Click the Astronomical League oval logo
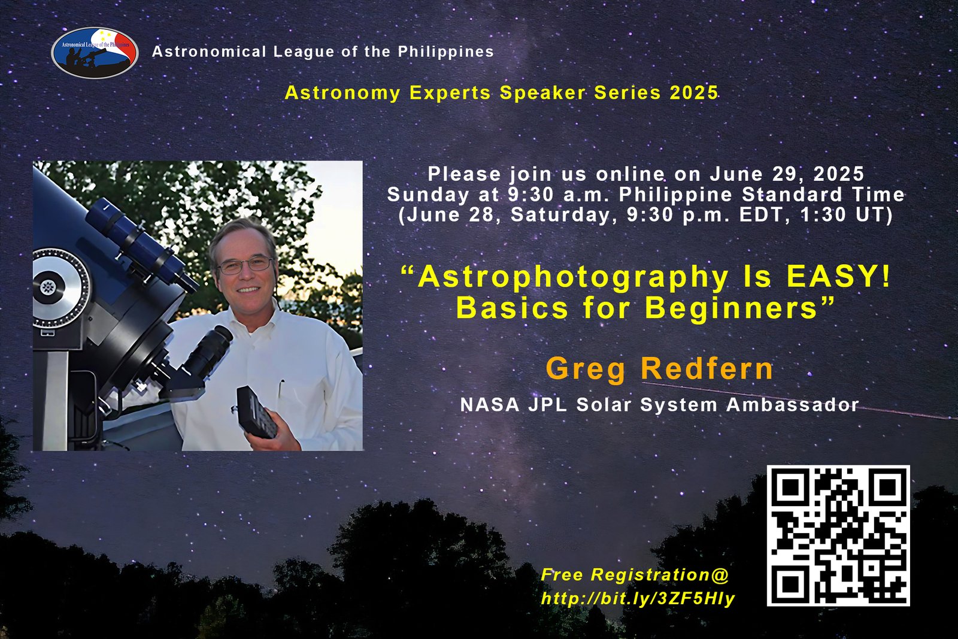95,53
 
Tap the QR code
838,535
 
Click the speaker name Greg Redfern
659,368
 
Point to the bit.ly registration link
638,598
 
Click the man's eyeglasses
245,265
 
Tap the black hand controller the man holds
257,412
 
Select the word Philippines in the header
446,52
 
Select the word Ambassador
793,405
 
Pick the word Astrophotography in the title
573,278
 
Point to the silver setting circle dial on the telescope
61,287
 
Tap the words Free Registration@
635,575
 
